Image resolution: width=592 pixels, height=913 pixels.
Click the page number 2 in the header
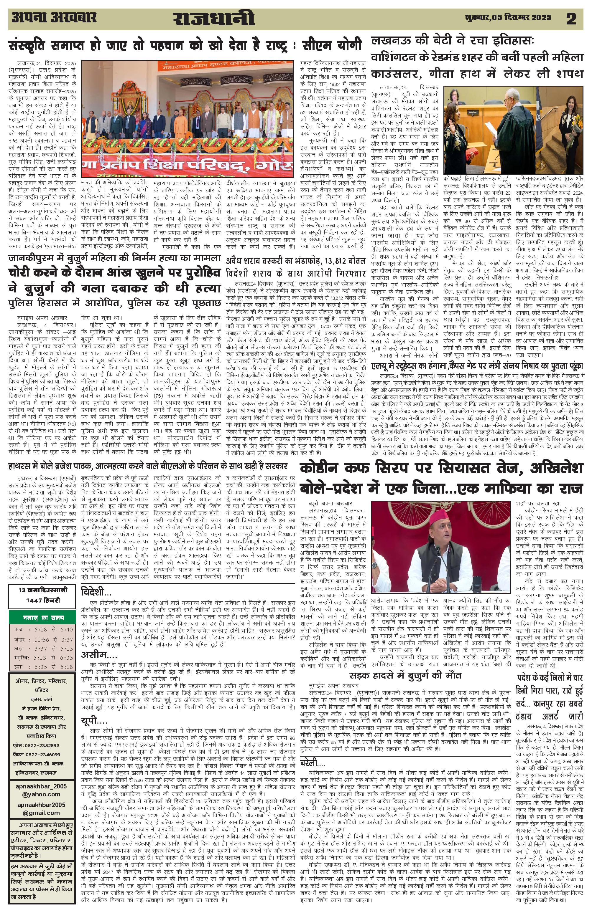point(571,19)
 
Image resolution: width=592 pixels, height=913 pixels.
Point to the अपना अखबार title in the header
point(54,18)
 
